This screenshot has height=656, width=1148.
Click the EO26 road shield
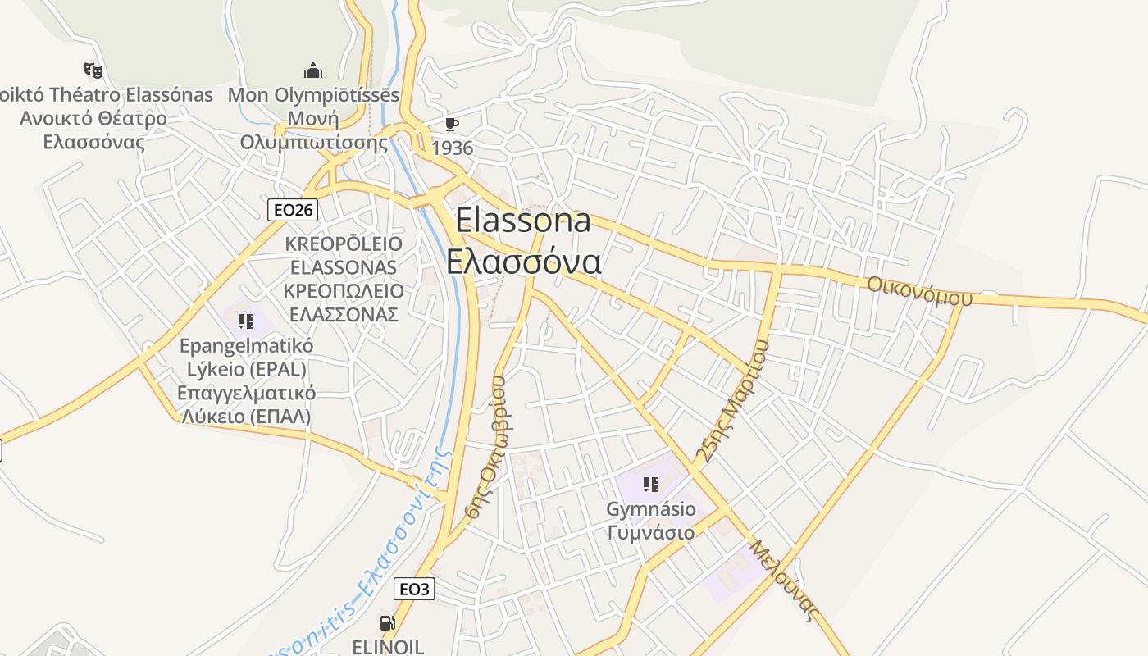click(x=293, y=210)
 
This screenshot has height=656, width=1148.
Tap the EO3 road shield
click(x=414, y=589)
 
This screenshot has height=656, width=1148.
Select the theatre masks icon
click(x=93, y=71)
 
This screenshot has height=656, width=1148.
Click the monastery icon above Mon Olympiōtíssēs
click(x=313, y=71)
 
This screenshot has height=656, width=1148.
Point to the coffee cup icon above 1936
click(x=451, y=124)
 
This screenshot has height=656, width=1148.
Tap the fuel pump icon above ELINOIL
click(x=387, y=623)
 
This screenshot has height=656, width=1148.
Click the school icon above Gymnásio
click(x=650, y=485)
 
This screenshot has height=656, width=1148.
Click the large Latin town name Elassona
click(x=522, y=220)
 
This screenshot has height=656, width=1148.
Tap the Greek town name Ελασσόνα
click(x=524, y=262)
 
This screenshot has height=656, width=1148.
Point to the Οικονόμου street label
click(x=919, y=290)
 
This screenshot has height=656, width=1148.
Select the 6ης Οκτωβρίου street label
click(x=487, y=448)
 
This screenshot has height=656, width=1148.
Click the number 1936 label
click(x=453, y=148)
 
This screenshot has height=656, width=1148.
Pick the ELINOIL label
click(x=388, y=647)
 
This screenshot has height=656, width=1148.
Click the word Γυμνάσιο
click(x=651, y=532)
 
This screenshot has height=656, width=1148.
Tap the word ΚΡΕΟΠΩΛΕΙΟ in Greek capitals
click(x=344, y=291)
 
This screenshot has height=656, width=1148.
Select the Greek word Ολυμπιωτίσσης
click(x=314, y=142)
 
